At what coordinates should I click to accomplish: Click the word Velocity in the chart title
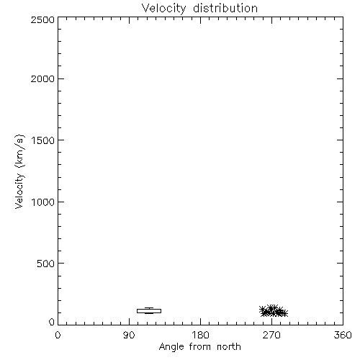click(x=163, y=9)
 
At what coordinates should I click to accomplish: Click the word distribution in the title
click(x=225, y=8)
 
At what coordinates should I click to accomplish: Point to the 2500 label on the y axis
click(x=42, y=20)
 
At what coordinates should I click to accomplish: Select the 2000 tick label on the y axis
click(x=42, y=78)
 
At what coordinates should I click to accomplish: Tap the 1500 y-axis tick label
click(x=43, y=140)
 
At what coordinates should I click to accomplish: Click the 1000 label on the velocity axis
click(x=43, y=202)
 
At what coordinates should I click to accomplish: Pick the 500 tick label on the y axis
click(x=46, y=264)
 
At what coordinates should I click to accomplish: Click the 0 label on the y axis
click(x=52, y=322)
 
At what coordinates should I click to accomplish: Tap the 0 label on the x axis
click(x=58, y=335)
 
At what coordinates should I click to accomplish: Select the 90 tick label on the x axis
click(x=129, y=335)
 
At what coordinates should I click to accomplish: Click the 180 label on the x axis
click(x=200, y=335)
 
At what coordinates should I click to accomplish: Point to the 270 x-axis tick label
click(x=271, y=335)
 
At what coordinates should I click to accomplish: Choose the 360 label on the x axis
click(x=343, y=335)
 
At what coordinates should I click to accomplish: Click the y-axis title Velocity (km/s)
click(x=19, y=171)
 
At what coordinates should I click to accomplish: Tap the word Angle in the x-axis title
click(x=171, y=347)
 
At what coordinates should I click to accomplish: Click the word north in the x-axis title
click(x=229, y=347)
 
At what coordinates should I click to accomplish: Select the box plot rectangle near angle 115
click(x=149, y=311)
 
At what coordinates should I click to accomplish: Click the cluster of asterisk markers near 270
click(x=274, y=311)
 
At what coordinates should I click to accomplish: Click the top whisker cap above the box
click(x=149, y=307)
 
